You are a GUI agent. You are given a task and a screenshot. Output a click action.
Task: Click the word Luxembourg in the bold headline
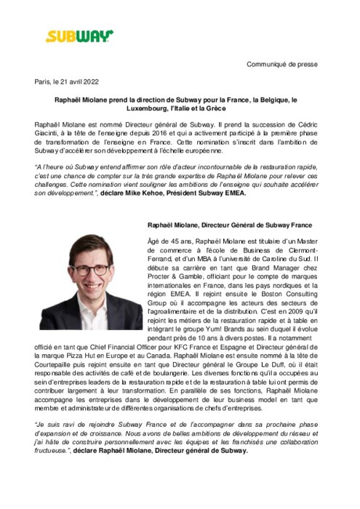(151, 109)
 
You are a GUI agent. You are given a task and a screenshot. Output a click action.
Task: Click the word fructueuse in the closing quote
(55, 450)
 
